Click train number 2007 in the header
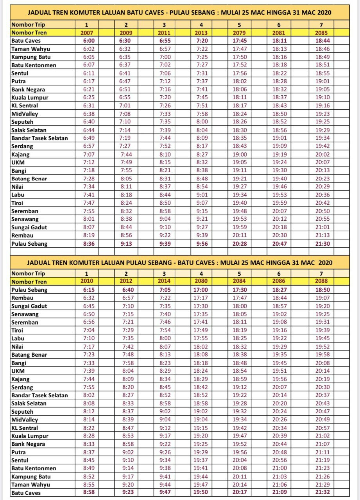pos(86,33)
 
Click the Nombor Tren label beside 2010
pos(29,282)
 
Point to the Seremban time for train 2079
pos(240,211)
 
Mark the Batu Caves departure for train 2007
pos(86,41)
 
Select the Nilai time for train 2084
pos(240,346)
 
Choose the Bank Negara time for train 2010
pos(86,444)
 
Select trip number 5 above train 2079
pos(240,25)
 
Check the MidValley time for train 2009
pos(126,114)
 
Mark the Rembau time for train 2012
pos(126,298)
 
